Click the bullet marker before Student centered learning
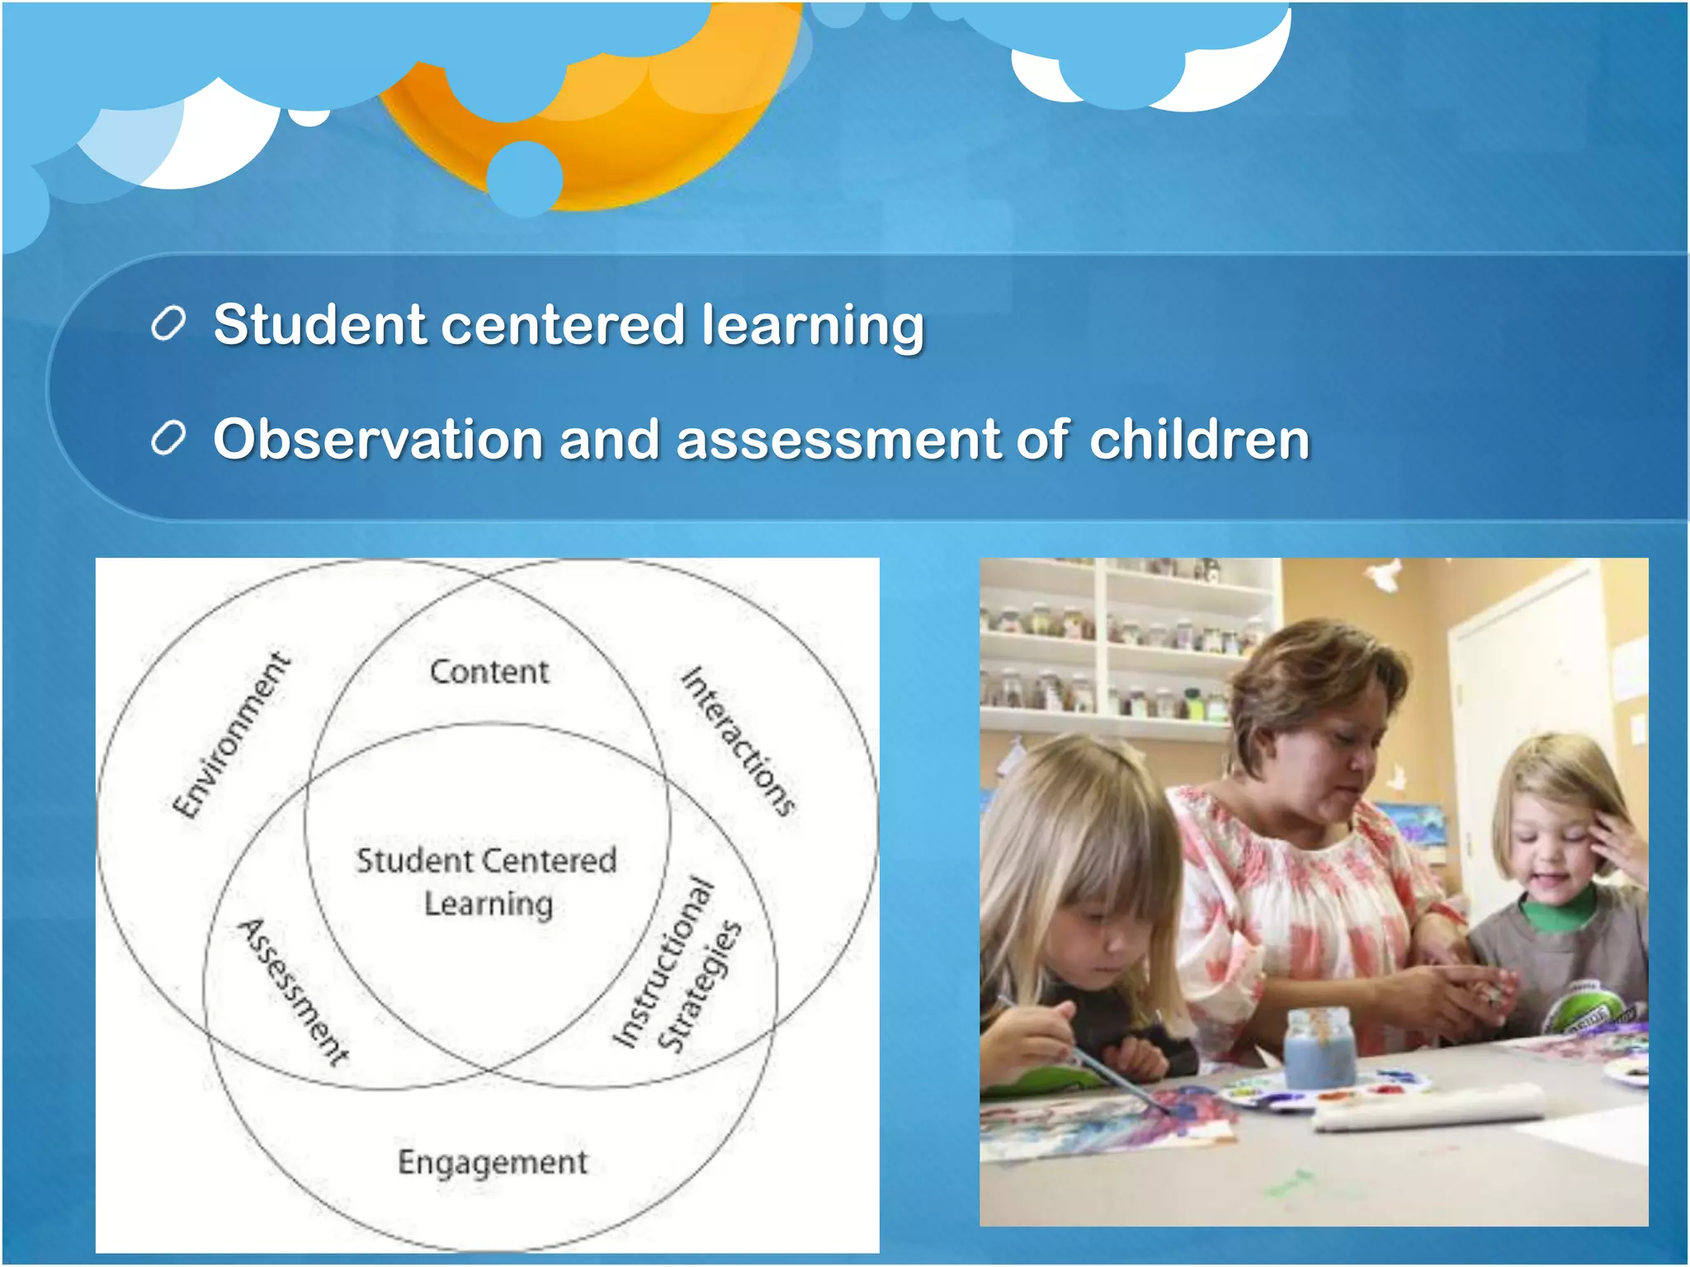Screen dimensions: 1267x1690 click(x=169, y=324)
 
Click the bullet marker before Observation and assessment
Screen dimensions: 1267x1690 click(x=169, y=439)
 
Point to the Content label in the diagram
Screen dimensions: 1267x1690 click(x=489, y=671)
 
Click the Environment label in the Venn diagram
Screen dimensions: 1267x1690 click(x=231, y=734)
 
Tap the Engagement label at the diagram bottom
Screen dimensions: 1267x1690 click(x=493, y=1162)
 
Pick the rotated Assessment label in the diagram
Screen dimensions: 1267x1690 click(x=294, y=991)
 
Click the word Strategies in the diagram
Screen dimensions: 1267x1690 click(x=700, y=987)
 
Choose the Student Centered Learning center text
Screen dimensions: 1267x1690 click(x=487, y=882)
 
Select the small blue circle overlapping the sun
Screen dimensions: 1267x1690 click(x=525, y=178)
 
